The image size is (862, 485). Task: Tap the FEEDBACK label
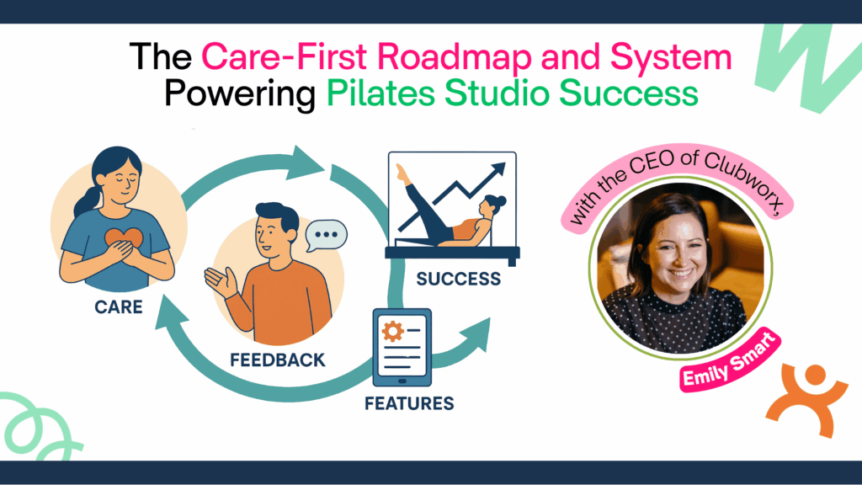(278, 360)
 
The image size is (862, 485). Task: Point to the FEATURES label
(409, 403)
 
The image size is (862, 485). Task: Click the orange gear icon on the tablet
(392, 331)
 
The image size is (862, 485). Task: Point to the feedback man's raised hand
(219, 282)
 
